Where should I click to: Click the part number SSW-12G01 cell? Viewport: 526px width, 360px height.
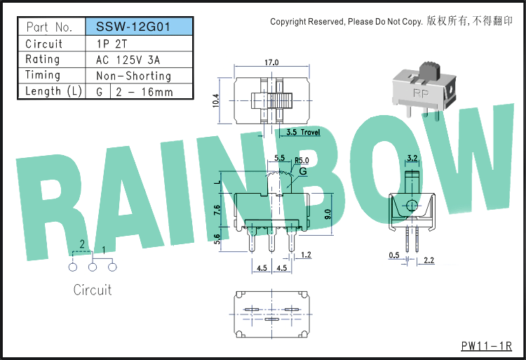click(x=140, y=27)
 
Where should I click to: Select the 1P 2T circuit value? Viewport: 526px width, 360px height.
click(x=112, y=44)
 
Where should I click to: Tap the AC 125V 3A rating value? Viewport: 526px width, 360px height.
click(x=128, y=60)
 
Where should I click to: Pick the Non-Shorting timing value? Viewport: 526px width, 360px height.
click(x=133, y=76)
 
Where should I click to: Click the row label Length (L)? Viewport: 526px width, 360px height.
click(x=53, y=91)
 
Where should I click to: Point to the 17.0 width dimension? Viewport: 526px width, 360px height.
click(x=271, y=62)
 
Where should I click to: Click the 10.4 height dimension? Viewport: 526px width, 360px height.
click(x=216, y=100)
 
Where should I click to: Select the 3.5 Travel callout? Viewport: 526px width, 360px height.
click(x=303, y=132)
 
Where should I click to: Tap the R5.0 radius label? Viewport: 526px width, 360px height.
click(x=302, y=161)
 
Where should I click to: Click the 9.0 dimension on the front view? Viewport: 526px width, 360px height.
click(x=328, y=214)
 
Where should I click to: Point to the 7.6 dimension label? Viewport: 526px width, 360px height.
click(x=217, y=211)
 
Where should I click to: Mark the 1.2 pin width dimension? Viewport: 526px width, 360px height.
click(x=306, y=255)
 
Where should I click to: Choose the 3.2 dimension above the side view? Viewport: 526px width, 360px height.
click(x=412, y=158)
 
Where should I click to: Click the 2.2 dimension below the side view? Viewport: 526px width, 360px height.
click(x=429, y=260)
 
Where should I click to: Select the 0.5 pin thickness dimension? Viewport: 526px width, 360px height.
click(x=394, y=255)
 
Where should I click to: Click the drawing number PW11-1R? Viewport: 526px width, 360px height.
click(x=487, y=346)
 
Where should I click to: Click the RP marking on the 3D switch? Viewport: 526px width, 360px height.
click(x=421, y=93)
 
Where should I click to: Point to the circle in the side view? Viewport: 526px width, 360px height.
click(x=412, y=206)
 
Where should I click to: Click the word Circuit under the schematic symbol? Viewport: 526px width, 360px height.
click(x=93, y=290)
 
